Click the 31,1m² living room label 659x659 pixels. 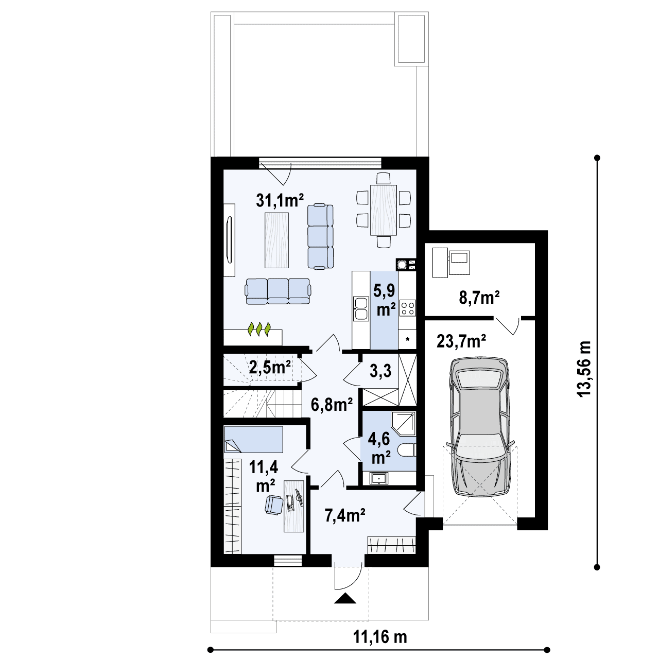(x=280, y=200)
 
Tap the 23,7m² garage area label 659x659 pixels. (x=462, y=341)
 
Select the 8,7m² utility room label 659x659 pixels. (x=479, y=298)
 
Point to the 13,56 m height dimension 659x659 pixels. (x=584, y=369)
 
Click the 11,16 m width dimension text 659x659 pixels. (x=379, y=637)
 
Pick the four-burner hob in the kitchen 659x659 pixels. (x=407, y=308)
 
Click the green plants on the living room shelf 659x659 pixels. (x=259, y=329)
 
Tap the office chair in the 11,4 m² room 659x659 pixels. (x=273, y=504)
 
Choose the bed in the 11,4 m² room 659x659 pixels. (x=253, y=439)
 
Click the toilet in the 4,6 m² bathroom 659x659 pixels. (x=407, y=451)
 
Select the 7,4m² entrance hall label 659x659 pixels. (x=345, y=514)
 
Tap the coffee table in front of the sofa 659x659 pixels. (x=276, y=239)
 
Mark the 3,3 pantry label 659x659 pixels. (x=380, y=372)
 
